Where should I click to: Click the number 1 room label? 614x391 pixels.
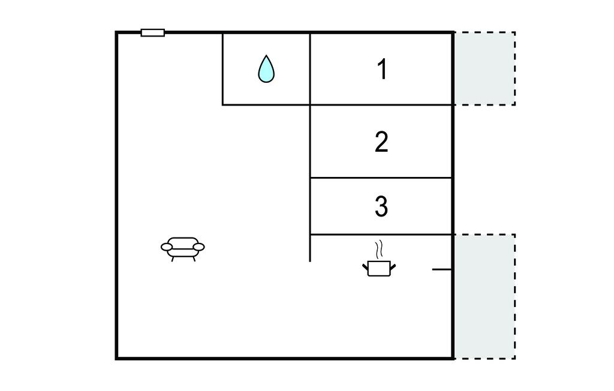click(x=382, y=70)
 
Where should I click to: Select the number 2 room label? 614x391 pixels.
click(x=381, y=143)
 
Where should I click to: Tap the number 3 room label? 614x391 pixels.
click(x=381, y=206)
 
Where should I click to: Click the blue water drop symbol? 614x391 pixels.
click(x=266, y=69)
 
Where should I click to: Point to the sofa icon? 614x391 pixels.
click(x=183, y=248)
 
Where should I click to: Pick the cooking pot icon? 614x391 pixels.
click(x=379, y=267)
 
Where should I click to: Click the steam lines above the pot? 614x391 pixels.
click(x=378, y=249)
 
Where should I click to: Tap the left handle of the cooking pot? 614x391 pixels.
click(x=366, y=264)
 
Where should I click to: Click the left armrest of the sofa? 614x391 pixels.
click(x=167, y=246)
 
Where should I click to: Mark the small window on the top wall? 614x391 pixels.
click(x=153, y=32)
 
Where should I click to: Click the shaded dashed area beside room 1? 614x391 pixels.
click(x=484, y=68)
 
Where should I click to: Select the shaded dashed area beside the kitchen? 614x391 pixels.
click(x=484, y=296)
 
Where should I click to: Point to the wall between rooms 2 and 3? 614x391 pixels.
click(x=381, y=178)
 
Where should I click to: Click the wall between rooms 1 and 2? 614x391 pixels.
click(x=381, y=105)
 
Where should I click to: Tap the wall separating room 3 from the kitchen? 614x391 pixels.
click(x=381, y=234)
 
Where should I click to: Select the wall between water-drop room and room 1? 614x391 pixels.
click(x=310, y=68)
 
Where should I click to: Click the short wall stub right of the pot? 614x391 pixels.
click(x=441, y=269)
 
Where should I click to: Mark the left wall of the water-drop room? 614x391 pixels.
click(x=223, y=68)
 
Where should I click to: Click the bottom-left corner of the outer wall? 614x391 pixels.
click(x=117, y=358)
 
